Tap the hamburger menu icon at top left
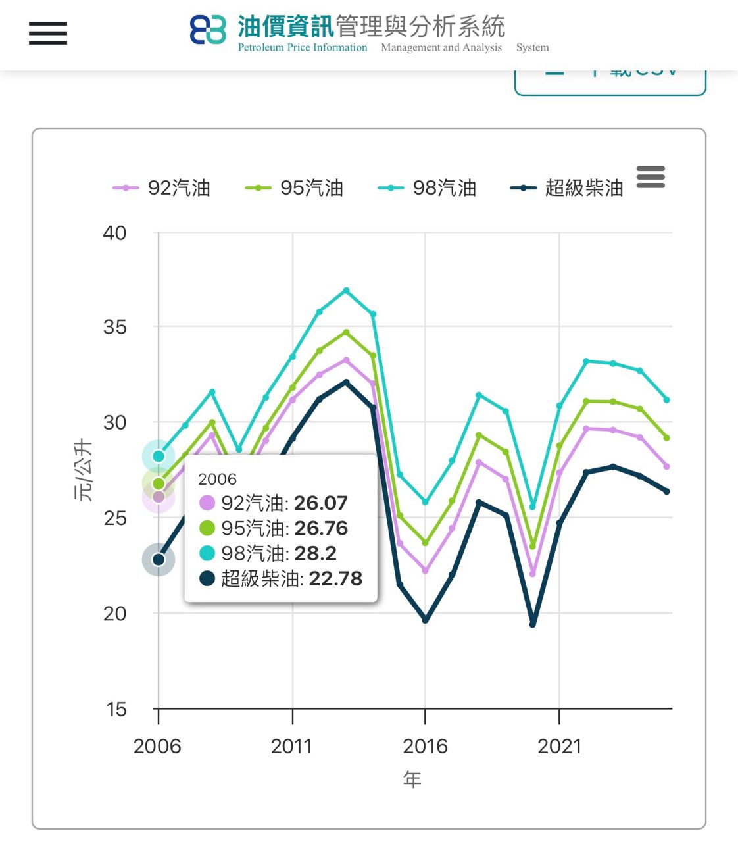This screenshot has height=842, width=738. pos(48,33)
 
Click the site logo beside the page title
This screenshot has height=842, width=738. pos(208,30)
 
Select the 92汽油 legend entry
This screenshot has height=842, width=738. pos(162,188)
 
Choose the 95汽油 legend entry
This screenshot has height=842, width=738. pos(295,188)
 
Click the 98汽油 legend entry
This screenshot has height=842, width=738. pos(428,188)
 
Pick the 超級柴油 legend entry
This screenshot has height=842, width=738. pos(567,188)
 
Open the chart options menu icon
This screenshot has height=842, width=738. pos(651,177)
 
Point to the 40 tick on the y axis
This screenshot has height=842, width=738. pos(114,233)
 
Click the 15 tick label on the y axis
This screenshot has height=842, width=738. pos(116,709)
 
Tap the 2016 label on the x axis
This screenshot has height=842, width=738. pos(425,746)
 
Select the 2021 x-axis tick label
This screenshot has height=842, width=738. pos(559,746)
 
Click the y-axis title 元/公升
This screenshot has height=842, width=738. pos(83,470)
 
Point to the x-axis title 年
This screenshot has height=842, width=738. pos(412,780)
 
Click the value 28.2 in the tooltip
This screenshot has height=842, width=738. pos(316,553)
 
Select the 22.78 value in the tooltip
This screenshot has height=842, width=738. pos(335,578)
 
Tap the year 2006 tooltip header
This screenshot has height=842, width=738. pos(217,479)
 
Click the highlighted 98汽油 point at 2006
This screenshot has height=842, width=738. pos(159,456)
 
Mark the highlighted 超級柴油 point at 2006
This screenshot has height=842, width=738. pos(159,560)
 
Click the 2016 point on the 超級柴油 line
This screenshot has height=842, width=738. pos(425,620)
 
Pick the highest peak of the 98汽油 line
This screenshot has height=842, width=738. pos(346,290)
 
